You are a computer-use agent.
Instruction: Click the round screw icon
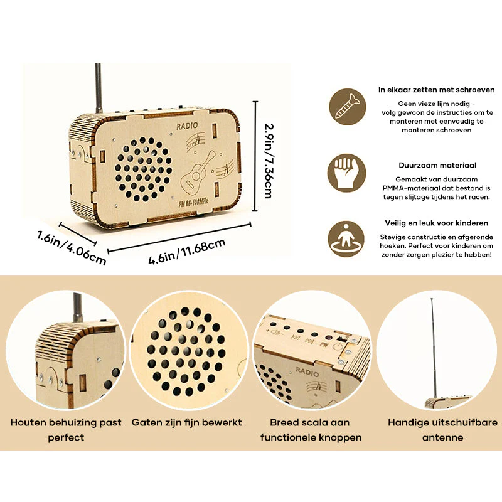point(348,107)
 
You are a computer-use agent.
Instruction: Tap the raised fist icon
point(346,173)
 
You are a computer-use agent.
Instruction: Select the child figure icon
point(346,239)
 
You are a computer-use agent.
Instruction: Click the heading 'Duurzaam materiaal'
point(437,165)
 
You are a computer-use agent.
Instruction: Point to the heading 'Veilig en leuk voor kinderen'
point(437,223)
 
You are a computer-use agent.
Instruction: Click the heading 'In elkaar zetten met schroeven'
point(436,90)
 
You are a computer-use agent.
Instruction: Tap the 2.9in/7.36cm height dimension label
point(269,161)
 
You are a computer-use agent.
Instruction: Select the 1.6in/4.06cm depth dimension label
point(71,248)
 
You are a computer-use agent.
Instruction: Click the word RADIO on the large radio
point(187,126)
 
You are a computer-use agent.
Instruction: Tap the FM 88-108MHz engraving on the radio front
point(193,202)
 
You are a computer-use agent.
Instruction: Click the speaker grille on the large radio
point(143,169)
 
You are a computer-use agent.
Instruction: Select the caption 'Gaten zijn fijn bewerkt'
point(186,422)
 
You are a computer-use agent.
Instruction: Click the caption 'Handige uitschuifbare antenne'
point(443,430)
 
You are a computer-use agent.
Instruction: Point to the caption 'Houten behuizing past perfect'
point(66,430)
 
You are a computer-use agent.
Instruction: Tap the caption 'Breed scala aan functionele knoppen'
point(311,430)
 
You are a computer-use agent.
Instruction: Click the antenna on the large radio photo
point(99,88)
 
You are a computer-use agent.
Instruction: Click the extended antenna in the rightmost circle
point(433,349)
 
